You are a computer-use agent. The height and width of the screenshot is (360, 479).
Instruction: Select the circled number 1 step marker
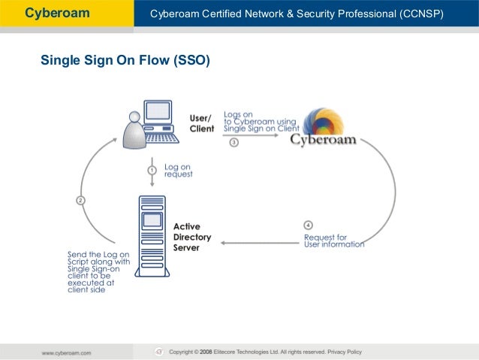tap(152, 171)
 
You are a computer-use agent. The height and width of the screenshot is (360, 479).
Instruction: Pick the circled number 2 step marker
tap(80, 200)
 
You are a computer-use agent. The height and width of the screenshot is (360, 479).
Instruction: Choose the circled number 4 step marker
tap(308, 225)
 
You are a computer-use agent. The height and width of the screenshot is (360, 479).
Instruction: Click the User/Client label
tap(201, 123)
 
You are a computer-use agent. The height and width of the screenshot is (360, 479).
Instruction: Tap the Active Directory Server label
tap(192, 237)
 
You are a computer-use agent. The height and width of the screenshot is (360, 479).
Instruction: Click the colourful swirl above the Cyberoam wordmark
tap(324, 123)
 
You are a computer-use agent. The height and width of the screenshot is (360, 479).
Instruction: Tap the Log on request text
tap(178, 170)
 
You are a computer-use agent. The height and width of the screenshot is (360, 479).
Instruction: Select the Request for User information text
tap(333, 241)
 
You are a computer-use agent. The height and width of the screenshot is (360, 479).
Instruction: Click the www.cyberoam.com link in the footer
tap(66, 352)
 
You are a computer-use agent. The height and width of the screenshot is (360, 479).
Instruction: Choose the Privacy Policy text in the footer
tap(344, 352)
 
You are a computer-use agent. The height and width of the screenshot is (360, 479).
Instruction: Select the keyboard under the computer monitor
tap(161, 138)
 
